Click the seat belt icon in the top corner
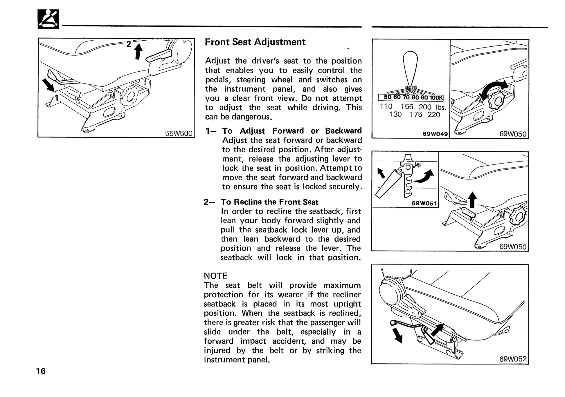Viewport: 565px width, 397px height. coord(48,19)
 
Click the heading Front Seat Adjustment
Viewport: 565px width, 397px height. coord(255,42)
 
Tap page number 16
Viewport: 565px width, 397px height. coord(41,371)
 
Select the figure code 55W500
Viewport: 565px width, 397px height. coord(179,133)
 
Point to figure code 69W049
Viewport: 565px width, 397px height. coord(435,134)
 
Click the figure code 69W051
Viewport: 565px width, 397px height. coord(424,203)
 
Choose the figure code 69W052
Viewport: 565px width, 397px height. coord(513,359)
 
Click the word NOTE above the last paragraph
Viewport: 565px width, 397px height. coord(216,275)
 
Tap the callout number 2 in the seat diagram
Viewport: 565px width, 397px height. coord(128,44)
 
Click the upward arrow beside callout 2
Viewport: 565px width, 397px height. coord(138,51)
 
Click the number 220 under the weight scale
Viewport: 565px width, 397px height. coord(433,115)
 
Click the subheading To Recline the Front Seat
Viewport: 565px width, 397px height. coord(269,202)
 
